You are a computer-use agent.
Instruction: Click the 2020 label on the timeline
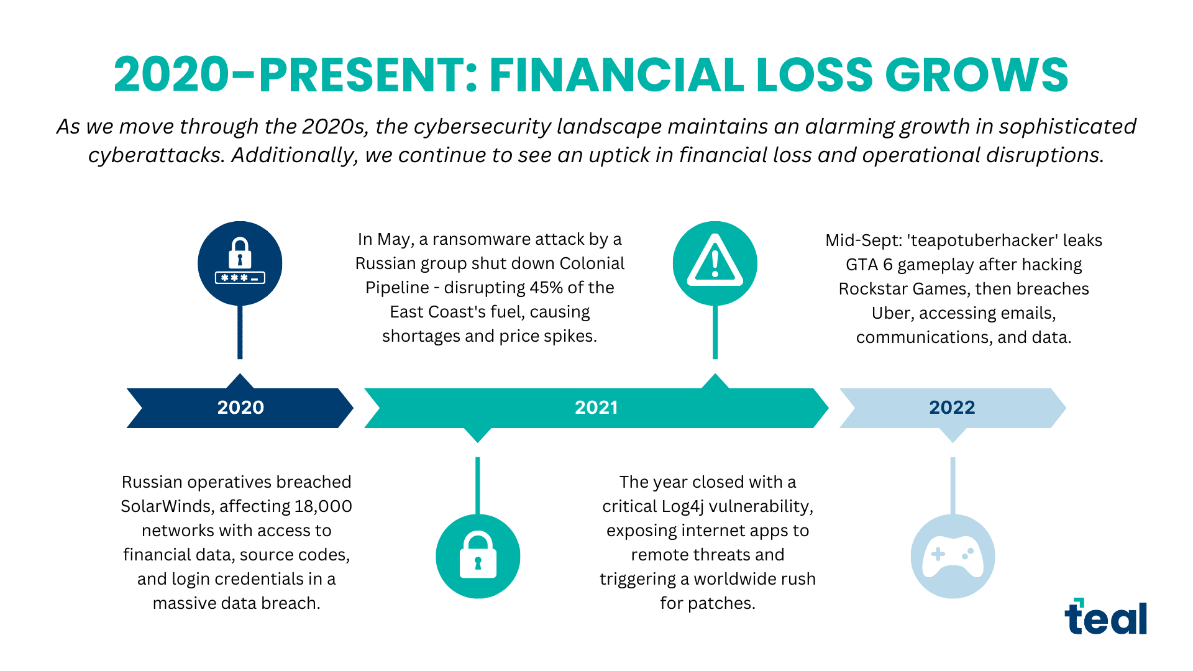(x=240, y=408)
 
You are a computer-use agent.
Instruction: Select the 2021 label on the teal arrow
(x=596, y=408)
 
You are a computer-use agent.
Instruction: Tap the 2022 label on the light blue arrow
(x=952, y=408)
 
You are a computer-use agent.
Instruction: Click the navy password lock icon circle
(x=240, y=263)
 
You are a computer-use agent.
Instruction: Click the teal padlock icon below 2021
(x=478, y=556)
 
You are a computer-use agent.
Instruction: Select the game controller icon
(x=953, y=556)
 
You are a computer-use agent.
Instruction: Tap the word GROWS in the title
(x=976, y=75)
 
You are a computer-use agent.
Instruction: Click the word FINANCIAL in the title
(x=616, y=75)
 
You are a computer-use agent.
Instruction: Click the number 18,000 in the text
(x=323, y=506)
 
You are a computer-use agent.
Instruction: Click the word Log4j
(x=683, y=506)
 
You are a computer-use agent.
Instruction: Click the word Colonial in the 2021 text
(x=592, y=263)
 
